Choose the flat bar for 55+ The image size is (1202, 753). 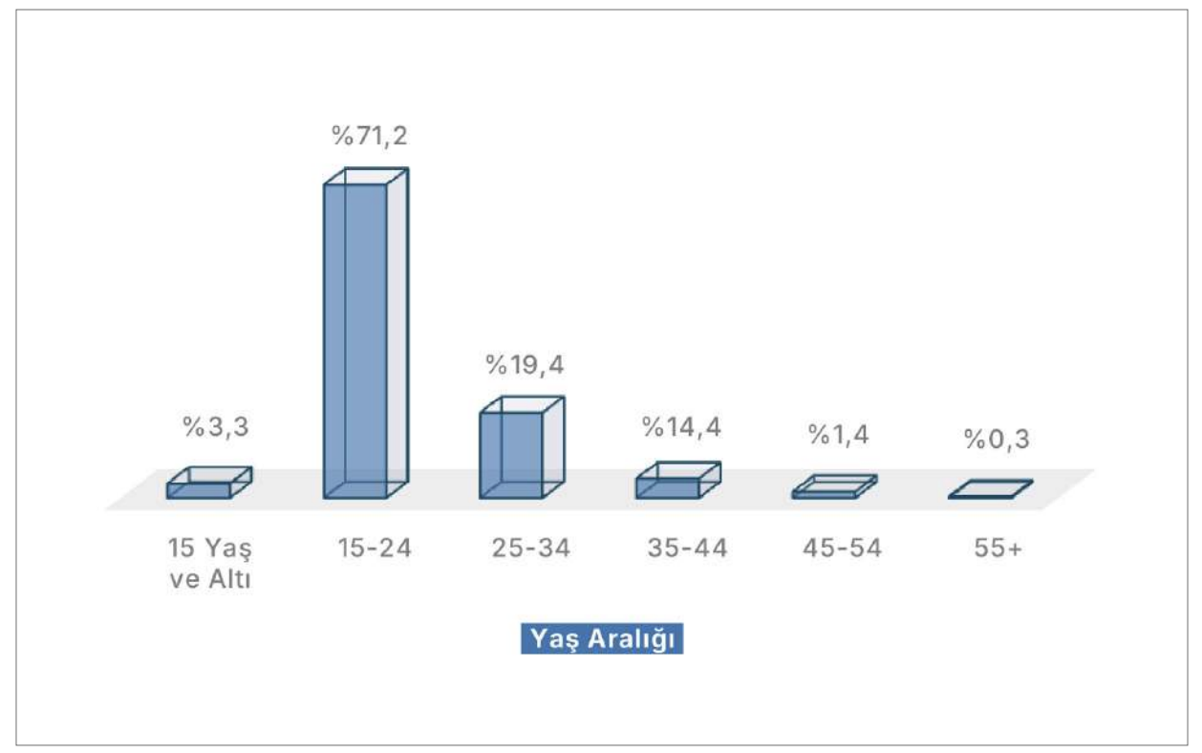click(x=990, y=489)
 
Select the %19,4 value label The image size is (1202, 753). click(x=525, y=364)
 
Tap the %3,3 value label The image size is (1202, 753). click(x=216, y=427)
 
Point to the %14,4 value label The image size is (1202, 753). click(x=681, y=427)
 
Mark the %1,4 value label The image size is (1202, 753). click(x=838, y=436)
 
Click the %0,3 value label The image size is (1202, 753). click(x=996, y=440)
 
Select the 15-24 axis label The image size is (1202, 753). click(x=373, y=549)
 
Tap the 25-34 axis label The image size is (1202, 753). click(x=530, y=549)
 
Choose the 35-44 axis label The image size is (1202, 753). click(x=687, y=549)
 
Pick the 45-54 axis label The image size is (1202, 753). click(x=842, y=549)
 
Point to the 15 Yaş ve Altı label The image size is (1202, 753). click(x=209, y=564)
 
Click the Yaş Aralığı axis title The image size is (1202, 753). click(x=602, y=639)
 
